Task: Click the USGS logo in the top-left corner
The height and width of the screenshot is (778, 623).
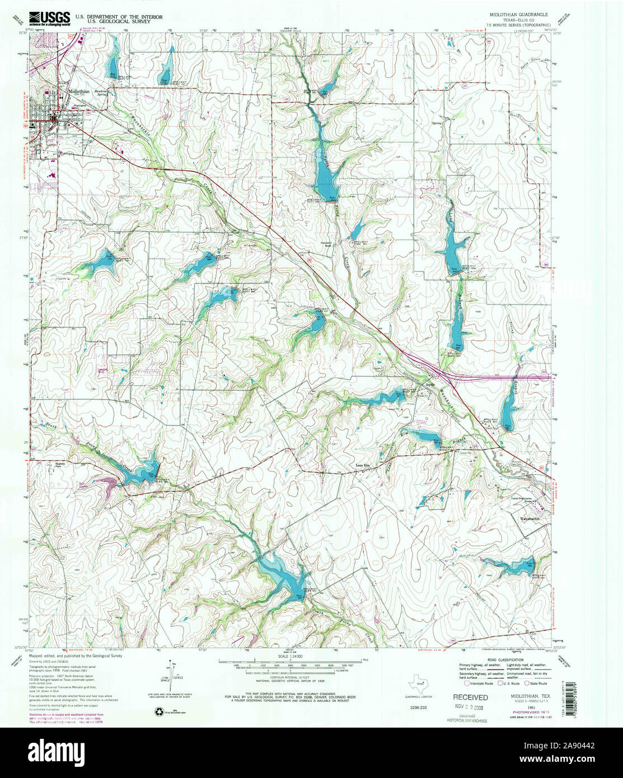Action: coord(50,18)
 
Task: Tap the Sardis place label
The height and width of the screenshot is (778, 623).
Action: coord(429,384)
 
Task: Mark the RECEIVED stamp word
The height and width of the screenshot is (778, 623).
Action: coord(470,697)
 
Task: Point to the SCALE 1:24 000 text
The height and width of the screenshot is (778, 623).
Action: coord(290,656)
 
